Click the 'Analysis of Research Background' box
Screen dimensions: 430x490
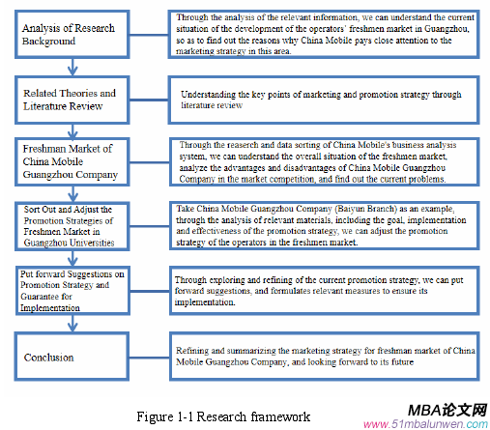click(72, 35)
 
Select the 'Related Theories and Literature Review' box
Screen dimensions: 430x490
click(72, 100)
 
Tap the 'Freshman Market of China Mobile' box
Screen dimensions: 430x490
click(72, 160)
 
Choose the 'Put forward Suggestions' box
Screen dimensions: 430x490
click(72, 288)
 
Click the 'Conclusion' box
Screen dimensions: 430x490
click(72, 357)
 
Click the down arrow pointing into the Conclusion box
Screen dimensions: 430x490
click(73, 322)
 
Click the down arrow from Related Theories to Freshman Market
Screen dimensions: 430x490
click(73, 129)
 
